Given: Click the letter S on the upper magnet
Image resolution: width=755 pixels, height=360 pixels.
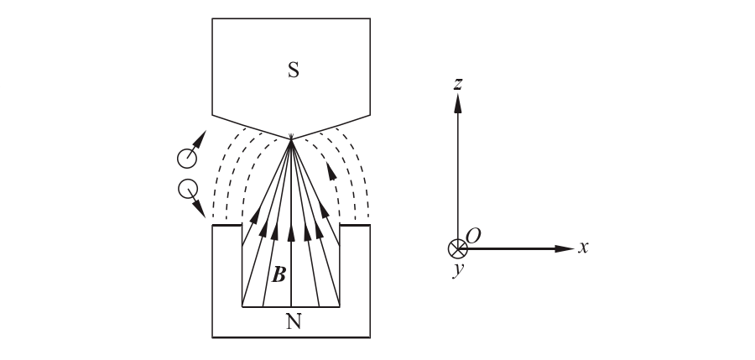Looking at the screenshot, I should click(293, 70).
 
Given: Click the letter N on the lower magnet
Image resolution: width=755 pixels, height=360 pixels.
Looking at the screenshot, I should click(293, 321).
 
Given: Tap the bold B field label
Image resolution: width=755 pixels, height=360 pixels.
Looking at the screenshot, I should click(279, 275).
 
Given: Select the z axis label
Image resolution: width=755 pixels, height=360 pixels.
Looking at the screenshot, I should click(457, 84).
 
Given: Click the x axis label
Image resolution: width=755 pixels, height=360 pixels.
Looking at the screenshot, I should click(583, 248).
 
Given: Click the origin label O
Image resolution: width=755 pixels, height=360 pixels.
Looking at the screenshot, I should click(473, 237).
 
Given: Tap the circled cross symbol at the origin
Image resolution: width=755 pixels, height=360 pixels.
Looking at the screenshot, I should click(458, 248).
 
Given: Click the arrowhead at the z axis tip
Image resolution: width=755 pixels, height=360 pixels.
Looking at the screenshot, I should click(458, 102).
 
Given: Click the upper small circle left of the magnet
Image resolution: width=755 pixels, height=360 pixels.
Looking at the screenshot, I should click(187, 158).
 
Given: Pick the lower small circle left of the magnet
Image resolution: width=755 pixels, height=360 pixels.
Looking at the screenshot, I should click(188, 189).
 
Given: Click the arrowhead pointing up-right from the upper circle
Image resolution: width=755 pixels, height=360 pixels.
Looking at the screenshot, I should click(200, 138).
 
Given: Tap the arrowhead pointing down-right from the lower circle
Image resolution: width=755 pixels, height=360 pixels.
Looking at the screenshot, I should click(199, 208).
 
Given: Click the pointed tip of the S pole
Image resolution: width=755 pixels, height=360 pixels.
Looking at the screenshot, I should click(291, 139).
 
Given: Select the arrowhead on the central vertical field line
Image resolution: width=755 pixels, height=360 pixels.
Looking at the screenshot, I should click(291, 232).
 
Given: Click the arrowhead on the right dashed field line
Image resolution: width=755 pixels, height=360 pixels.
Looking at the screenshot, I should click(331, 171).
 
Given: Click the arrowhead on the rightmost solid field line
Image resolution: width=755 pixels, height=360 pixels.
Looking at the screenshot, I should click(325, 210).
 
